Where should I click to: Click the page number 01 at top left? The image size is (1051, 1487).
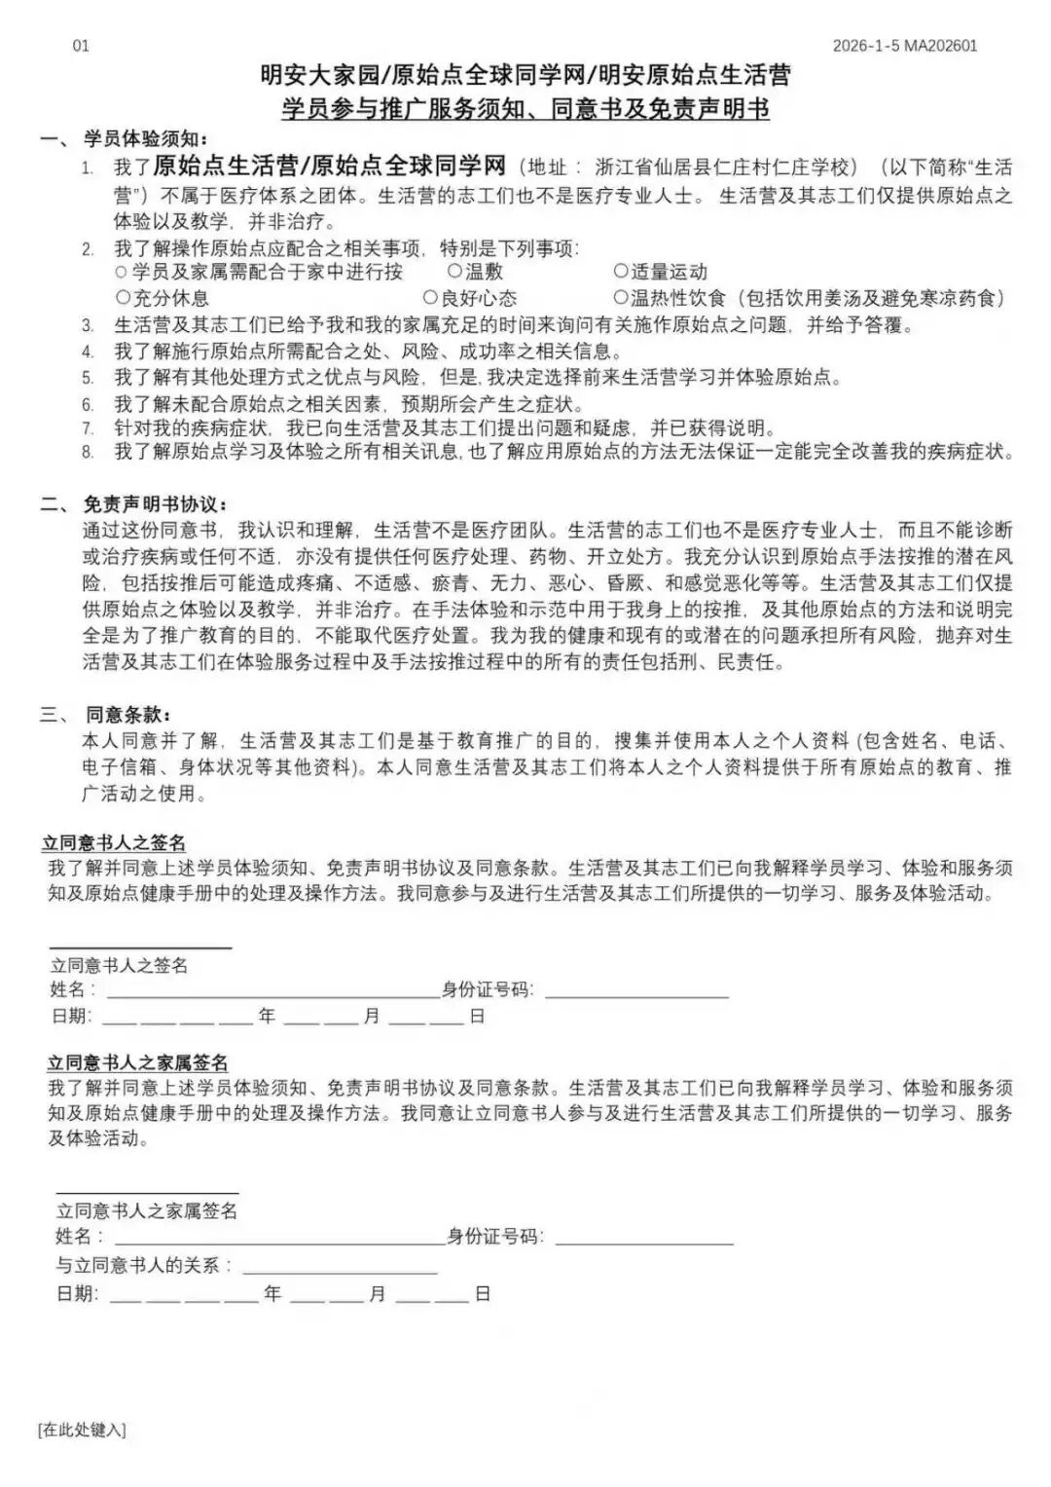81,46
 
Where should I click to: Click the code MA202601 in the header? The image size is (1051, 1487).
940,46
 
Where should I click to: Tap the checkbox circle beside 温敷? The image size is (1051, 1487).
454,272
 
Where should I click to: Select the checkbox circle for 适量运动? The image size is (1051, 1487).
621,272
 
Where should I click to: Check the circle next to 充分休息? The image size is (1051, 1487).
123,297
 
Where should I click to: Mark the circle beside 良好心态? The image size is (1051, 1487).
430,297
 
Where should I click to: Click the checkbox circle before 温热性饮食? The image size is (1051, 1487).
621,297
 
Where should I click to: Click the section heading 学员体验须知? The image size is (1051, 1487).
146,139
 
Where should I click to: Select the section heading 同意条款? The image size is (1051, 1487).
128,715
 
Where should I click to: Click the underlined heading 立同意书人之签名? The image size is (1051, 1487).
114,842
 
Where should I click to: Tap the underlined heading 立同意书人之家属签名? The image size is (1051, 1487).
138,1062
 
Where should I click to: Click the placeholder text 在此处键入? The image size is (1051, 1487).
82,1430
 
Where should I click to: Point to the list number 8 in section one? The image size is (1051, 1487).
88,452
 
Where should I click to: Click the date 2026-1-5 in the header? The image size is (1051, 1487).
866,46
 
